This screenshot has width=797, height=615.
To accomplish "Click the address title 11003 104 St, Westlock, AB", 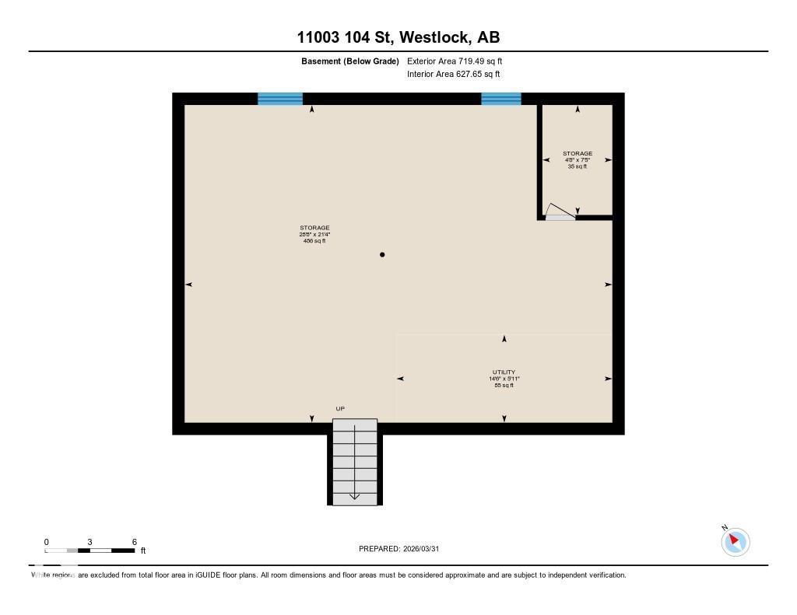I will point(398,37).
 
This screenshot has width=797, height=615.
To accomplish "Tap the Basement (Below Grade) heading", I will point(349,61).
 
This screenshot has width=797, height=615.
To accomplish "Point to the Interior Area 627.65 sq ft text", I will point(453,75).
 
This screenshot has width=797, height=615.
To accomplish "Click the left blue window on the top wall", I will point(280,99).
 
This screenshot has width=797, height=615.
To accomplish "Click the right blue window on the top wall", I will point(500,99).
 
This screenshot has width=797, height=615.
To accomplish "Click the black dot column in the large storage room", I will point(382,255).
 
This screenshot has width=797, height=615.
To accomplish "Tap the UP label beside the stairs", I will point(340,409).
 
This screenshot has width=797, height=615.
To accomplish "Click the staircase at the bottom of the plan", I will point(355,462).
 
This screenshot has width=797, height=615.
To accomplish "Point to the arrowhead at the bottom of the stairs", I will point(355,497).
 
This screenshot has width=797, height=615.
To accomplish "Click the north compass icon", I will point(735,541).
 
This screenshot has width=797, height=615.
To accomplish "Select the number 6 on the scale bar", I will point(135,542).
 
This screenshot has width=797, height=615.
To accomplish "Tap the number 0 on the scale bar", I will point(46,542).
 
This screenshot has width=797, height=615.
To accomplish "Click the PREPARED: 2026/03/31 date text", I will point(403,549).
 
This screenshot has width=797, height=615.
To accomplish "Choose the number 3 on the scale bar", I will point(90,542).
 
